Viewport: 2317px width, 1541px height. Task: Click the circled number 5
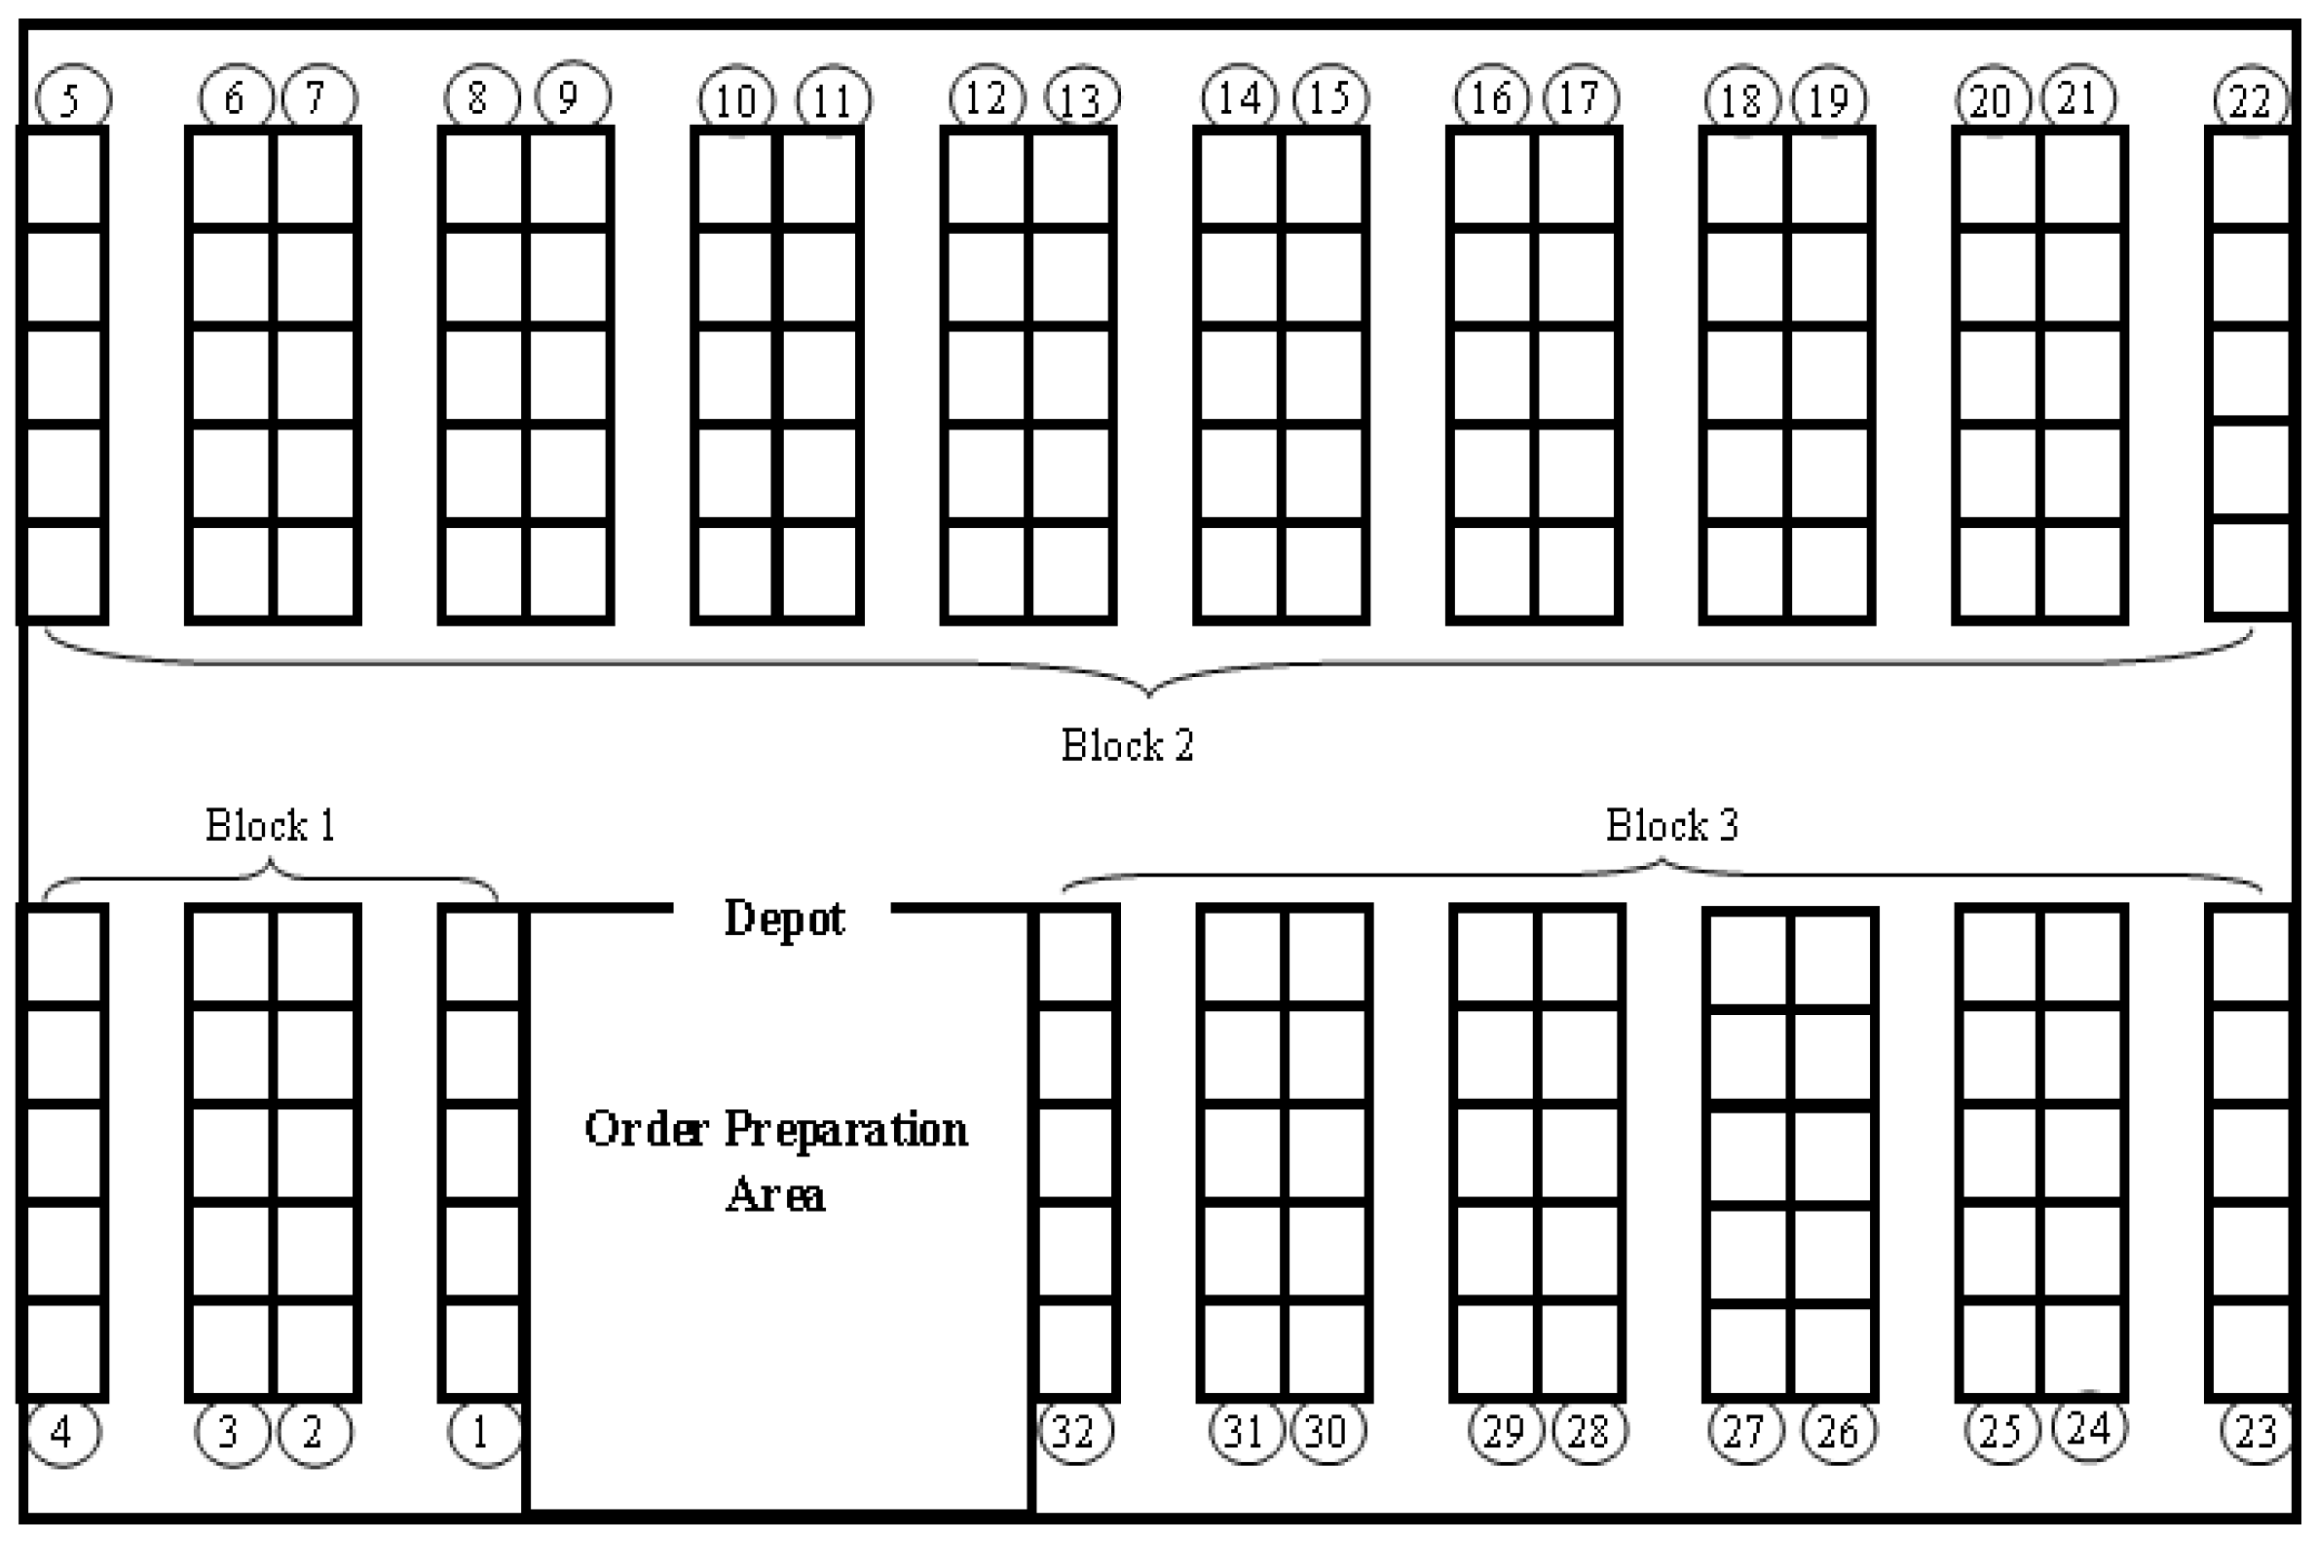point(73,99)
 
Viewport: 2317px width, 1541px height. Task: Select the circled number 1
point(482,1433)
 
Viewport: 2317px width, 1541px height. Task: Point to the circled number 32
point(1075,1433)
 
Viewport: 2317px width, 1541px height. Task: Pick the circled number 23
point(2256,1433)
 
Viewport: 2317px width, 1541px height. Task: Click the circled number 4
point(63,1433)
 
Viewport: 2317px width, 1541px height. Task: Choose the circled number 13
point(1082,99)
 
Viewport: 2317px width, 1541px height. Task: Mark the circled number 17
point(1580,99)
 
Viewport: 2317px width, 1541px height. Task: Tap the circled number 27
point(1745,1433)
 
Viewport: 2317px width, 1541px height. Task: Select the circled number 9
point(572,97)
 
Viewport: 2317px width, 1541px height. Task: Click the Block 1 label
point(270,826)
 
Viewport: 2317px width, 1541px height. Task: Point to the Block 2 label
point(1127,746)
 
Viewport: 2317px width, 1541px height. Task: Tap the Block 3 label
point(1671,826)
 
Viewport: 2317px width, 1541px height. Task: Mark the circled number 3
point(232,1433)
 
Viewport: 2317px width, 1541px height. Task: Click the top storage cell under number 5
point(63,179)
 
